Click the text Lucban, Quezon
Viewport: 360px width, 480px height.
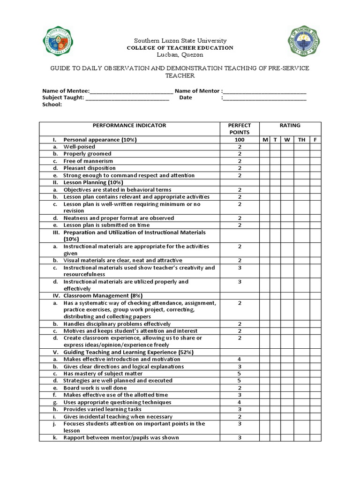[180, 54]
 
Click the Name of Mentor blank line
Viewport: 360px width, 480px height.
[265, 91]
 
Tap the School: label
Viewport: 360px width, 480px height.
[52, 105]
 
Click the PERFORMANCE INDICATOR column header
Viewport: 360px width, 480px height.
[129, 126]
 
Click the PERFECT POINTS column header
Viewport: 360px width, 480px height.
[239, 129]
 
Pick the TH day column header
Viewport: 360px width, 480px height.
[301, 140]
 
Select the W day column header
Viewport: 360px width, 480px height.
[286, 140]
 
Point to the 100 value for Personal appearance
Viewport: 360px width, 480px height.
[239, 140]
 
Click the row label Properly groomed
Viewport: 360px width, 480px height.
[88, 154]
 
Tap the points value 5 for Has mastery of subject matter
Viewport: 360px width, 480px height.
[239, 374]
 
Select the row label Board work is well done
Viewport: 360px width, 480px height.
[99, 388]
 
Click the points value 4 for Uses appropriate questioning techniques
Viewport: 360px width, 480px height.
[239, 402]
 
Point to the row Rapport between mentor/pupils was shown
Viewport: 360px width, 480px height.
[121, 438]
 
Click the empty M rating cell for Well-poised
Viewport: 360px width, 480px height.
[265, 147]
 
